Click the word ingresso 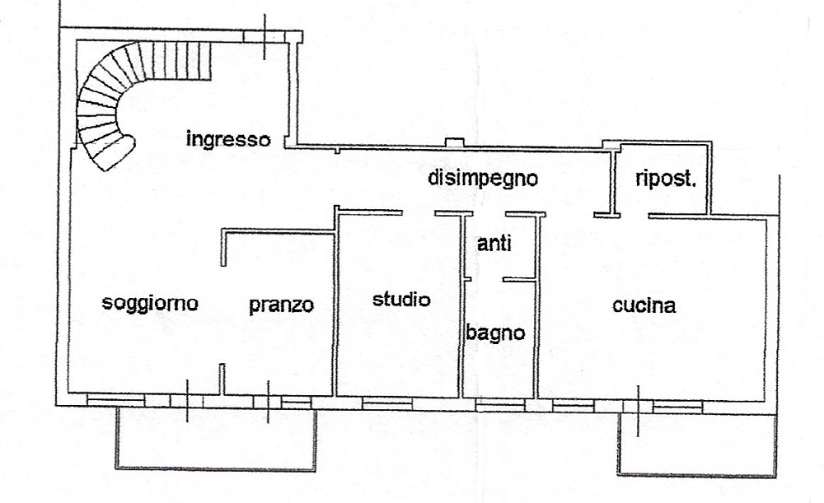228,140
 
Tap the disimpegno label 483,178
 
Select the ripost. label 665,179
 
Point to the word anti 494,244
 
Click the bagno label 495,333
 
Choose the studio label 401,300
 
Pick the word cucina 644,305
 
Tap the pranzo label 281,305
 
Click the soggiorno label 150,303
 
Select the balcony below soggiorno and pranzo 215,468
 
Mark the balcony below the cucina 697,474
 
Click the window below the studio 387,403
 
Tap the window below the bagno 500,405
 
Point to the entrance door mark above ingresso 265,36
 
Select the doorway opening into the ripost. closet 634,215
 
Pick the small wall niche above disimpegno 455,142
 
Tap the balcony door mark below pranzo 268,403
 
